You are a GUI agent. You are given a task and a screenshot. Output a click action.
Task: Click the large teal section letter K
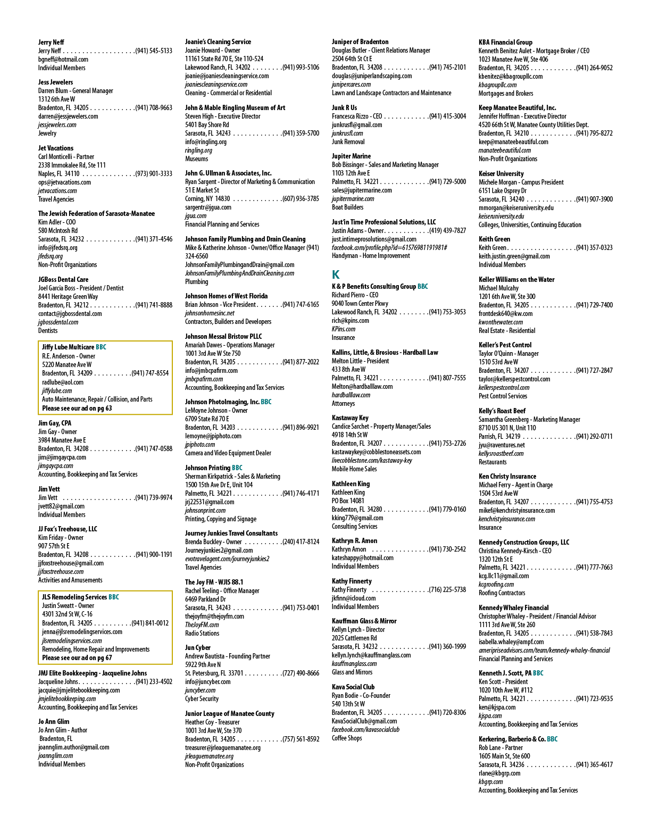336,274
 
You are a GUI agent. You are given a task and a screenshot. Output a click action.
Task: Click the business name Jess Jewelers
55,82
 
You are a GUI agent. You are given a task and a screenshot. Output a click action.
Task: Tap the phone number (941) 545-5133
154,51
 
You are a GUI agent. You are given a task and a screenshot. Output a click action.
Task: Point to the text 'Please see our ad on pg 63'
77,409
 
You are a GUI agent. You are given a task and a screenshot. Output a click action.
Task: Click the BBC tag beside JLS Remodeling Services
114,597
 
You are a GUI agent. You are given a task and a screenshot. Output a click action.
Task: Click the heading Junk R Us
345,108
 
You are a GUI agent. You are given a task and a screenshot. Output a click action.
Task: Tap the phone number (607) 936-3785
301,198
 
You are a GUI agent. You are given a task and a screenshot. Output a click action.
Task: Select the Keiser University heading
501,173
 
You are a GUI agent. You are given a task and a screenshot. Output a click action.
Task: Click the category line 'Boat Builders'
347,207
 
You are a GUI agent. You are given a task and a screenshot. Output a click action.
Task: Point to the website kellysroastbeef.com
501,454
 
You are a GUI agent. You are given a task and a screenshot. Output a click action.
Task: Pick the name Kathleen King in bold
350,484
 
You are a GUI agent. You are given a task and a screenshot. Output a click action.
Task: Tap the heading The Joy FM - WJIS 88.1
214,582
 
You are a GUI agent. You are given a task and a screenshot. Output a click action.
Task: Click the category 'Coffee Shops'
347,738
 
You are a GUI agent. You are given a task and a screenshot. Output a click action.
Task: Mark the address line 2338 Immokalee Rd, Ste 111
72,165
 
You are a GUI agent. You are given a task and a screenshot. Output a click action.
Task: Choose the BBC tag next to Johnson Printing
237,468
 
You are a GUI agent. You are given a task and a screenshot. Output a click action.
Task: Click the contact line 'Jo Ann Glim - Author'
62,730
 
